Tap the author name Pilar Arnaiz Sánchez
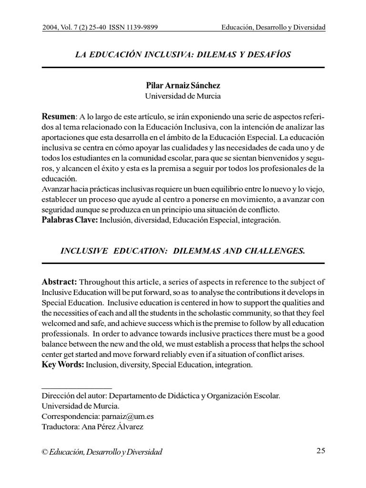pyautogui.click(x=183, y=86)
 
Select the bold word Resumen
pyautogui.click(x=59, y=117)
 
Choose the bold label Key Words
pyautogui.click(x=63, y=365)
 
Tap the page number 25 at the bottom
pyautogui.click(x=320, y=451)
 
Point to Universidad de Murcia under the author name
pyautogui.click(x=183, y=96)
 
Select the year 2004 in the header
pyautogui.click(x=50, y=28)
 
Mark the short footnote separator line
pyautogui.click(x=77, y=388)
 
